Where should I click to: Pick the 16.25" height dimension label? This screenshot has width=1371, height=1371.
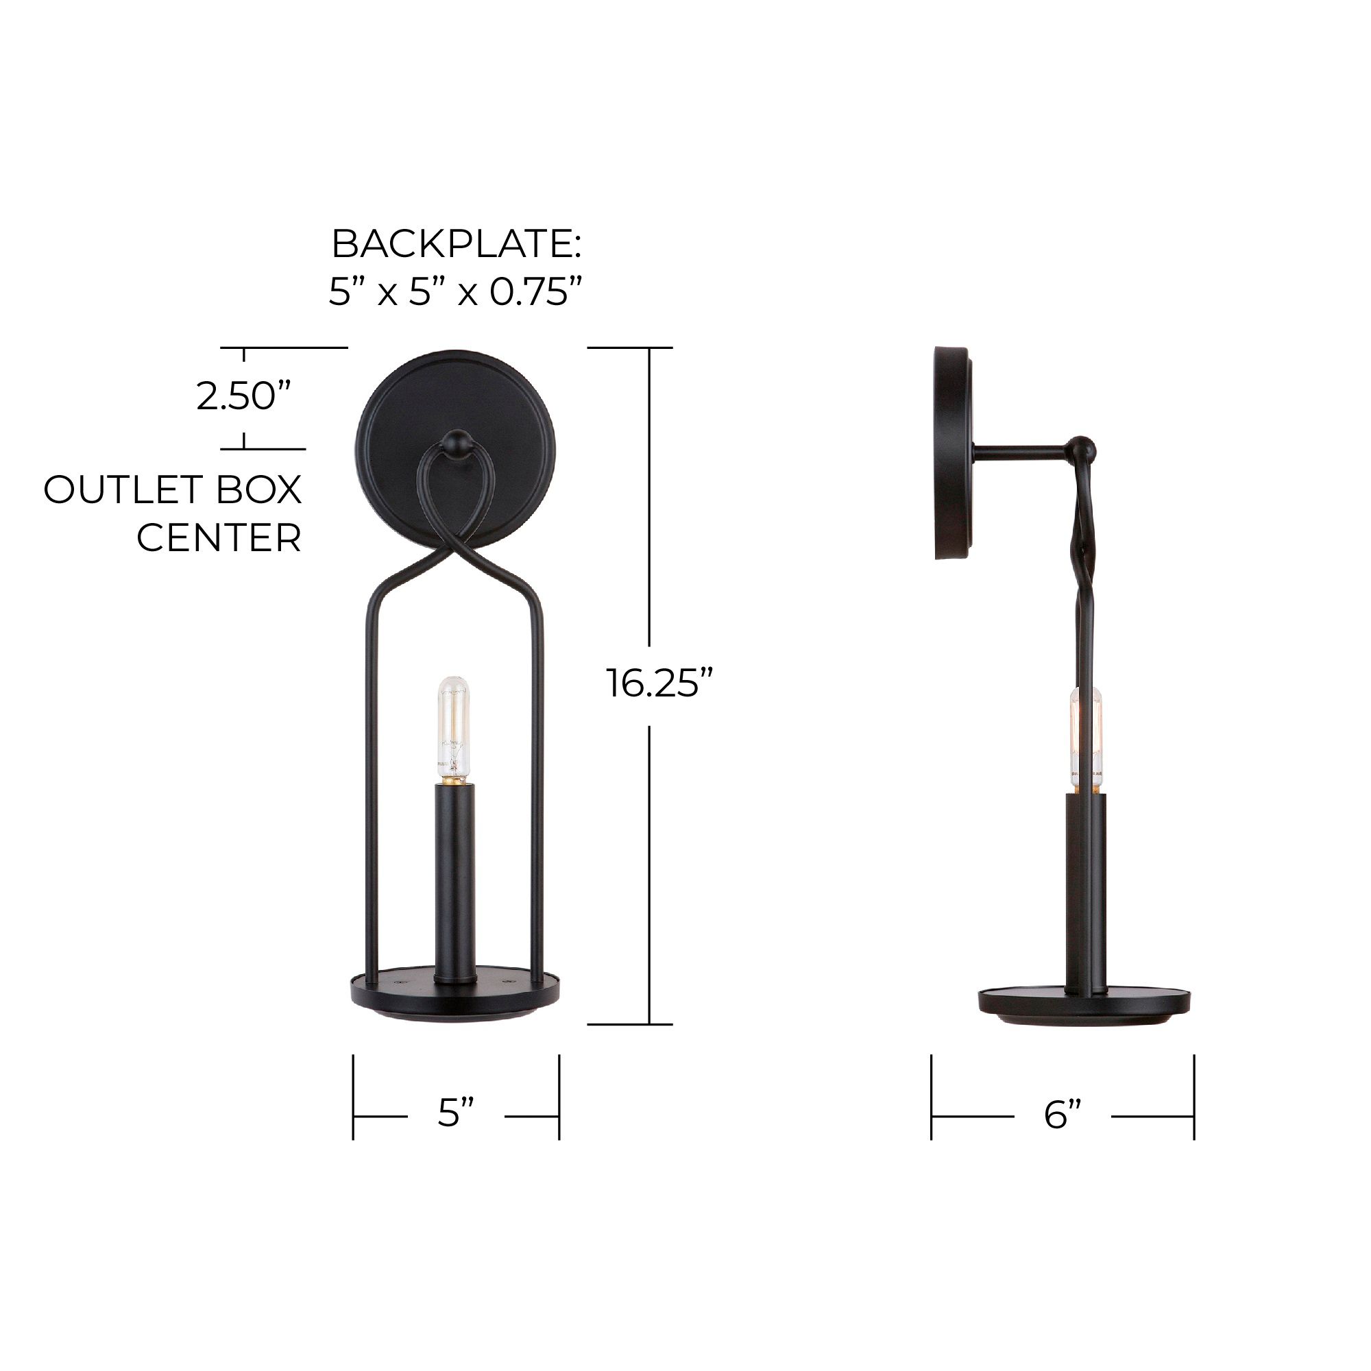coord(659,683)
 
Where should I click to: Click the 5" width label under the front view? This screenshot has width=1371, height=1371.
coord(455,1112)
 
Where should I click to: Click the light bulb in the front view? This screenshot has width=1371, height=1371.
coord(454,728)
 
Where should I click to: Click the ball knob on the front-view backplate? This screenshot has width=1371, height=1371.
coord(455,441)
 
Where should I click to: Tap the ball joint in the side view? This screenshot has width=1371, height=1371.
coord(1082,448)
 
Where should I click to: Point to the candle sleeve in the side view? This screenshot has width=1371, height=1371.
coord(1085,890)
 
